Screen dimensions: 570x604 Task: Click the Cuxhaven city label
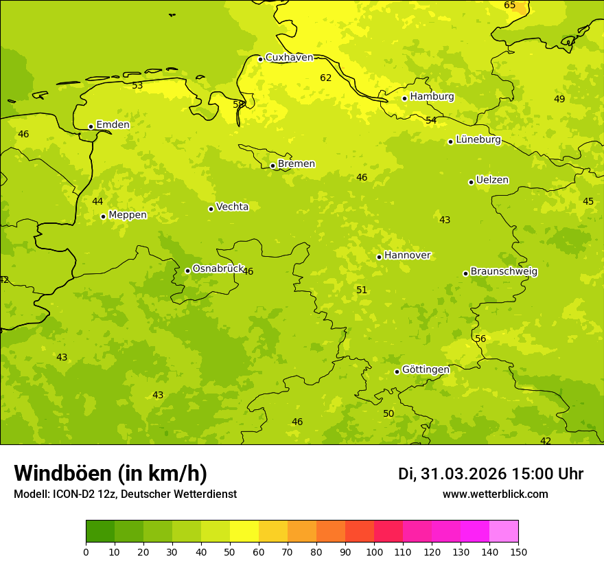(x=289, y=58)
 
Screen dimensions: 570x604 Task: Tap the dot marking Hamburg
(x=405, y=98)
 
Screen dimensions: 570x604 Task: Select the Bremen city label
(x=297, y=164)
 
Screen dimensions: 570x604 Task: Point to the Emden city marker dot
(x=91, y=126)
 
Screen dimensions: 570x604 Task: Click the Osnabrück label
(x=218, y=269)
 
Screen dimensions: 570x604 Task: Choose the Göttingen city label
(x=426, y=369)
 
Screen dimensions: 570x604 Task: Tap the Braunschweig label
(x=504, y=272)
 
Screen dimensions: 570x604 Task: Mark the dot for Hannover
(x=379, y=257)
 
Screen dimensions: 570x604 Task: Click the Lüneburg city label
(x=478, y=140)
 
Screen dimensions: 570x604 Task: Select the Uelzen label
(x=492, y=181)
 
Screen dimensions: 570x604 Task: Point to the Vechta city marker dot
(x=211, y=209)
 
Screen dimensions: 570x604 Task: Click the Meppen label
(x=128, y=215)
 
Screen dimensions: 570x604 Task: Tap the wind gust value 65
(x=510, y=5)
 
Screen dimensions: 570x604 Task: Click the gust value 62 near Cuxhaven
(x=326, y=78)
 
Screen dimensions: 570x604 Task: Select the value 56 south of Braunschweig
(x=480, y=339)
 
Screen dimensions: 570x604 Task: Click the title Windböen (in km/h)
(x=111, y=473)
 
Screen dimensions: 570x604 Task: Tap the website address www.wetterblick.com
(x=495, y=494)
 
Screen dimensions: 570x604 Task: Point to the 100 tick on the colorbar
(x=374, y=551)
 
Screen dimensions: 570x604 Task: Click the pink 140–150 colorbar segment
(x=504, y=532)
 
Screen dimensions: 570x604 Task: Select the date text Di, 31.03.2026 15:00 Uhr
(x=491, y=474)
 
